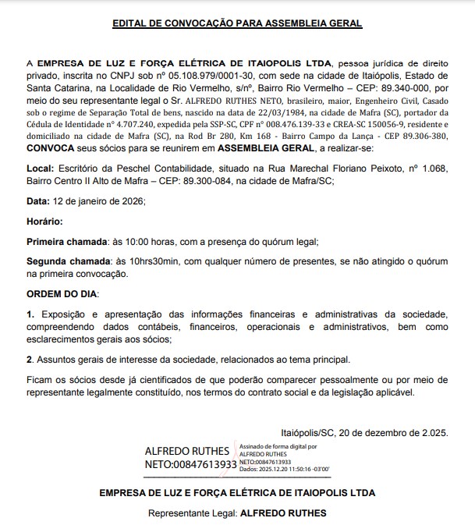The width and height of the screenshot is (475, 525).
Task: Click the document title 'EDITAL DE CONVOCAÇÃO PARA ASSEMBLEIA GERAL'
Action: pyautogui.click(x=237, y=23)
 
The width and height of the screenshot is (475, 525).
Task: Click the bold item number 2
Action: pyautogui.click(x=30, y=360)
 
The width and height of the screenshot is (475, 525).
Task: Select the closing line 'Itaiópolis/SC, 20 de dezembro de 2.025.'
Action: pyautogui.click(x=364, y=432)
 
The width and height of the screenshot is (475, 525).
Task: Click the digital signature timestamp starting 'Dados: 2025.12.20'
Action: pyautogui.click(x=284, y=469)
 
